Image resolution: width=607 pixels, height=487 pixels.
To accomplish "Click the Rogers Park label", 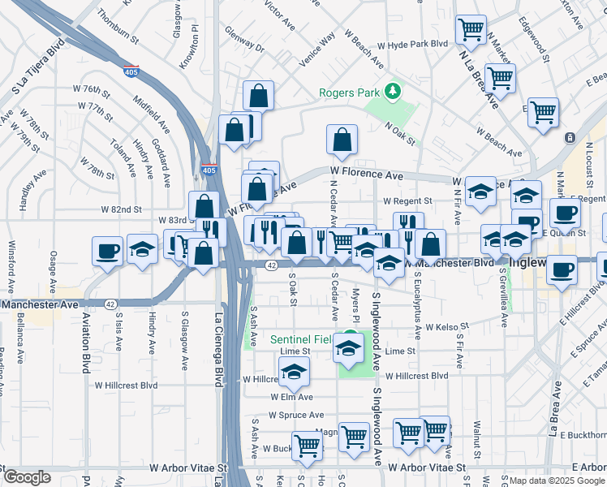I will coord(349,92).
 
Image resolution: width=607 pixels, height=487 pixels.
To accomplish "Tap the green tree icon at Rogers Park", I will coord(394,90).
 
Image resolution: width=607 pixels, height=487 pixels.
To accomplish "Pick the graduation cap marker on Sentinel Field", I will coord(348,347).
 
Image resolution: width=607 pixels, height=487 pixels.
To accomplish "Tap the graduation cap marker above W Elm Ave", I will coord(294,372).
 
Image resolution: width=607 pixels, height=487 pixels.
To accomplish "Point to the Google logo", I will coord(27,477).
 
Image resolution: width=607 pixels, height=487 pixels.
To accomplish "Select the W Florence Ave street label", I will coord(366,175).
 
